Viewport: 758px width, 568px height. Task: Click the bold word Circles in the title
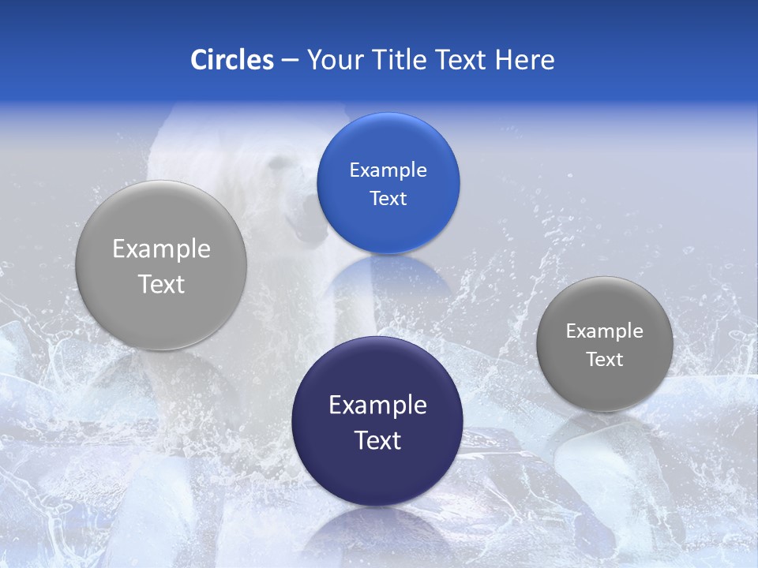[231, 60]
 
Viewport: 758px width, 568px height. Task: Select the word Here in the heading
[525, 60]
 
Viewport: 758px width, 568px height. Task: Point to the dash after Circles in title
[290, 61]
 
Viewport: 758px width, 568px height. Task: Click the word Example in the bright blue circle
[388, 170]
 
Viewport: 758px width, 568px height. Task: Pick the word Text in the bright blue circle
[388, 198]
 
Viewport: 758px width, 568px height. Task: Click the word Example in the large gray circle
[161, 248]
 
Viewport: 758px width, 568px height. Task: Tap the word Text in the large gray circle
[161, 284]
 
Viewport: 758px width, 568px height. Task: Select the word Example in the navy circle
[377, 405]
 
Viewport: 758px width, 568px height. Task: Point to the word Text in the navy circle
[377, 440]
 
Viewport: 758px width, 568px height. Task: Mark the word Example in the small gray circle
[604, 331]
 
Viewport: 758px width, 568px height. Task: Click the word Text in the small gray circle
[604, 360]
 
